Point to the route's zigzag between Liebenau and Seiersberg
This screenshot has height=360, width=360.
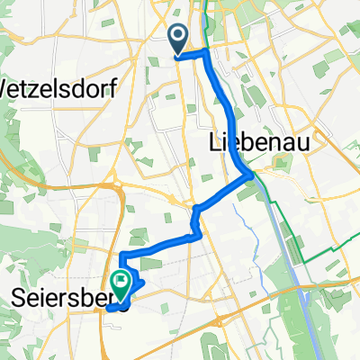pos(193,221)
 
